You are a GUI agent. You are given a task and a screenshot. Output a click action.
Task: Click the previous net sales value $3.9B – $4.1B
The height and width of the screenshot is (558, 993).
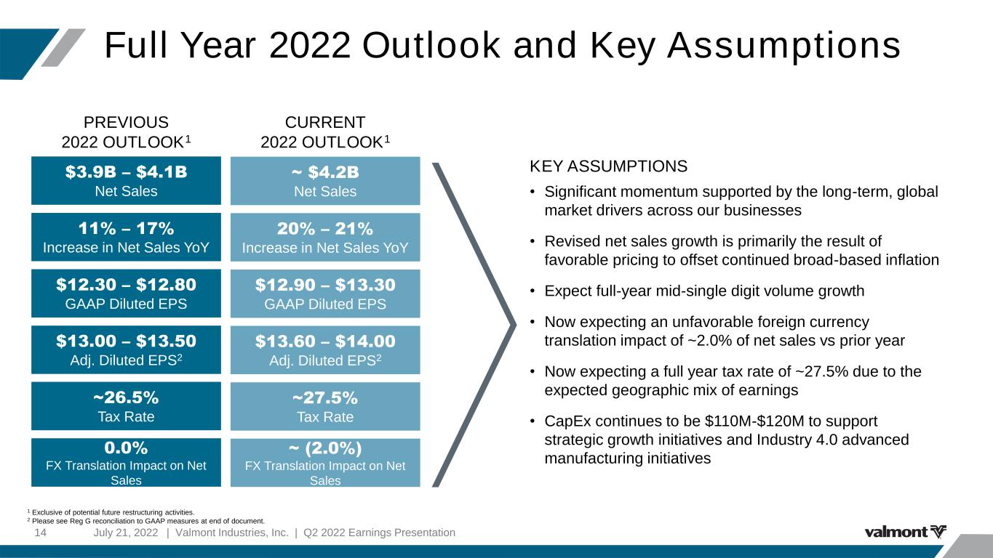[126, 171]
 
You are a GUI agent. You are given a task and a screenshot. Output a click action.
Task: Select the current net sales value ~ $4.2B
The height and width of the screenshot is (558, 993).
[325, 172]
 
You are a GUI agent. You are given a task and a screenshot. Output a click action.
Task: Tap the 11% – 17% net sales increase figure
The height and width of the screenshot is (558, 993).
[126, 229]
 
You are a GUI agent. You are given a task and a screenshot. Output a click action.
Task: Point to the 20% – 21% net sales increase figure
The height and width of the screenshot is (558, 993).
[325, 229]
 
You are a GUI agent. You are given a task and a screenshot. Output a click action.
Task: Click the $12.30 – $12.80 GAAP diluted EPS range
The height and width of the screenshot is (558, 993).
[126, 285]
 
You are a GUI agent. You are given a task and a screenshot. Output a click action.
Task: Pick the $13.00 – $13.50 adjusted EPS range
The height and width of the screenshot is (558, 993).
[126, 341]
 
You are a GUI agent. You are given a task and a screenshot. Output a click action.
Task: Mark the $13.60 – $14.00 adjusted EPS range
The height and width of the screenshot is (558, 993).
[325, 341]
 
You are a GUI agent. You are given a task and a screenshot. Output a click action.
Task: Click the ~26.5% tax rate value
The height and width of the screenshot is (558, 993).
[126, 397]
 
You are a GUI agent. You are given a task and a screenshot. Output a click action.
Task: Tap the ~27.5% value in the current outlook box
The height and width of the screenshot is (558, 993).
[325, 397]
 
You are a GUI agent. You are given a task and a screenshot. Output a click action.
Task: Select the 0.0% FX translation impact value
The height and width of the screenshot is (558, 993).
[126, 448]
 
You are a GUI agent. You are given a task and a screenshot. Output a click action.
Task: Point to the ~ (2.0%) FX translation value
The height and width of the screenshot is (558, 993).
[325, 448]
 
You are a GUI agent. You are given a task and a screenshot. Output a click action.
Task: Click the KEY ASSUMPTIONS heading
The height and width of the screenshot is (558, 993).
[608, 166]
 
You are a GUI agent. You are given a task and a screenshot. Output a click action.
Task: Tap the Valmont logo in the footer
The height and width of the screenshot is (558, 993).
[905, 531]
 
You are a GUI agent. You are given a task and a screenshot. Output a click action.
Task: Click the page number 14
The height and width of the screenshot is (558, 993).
[40, 533]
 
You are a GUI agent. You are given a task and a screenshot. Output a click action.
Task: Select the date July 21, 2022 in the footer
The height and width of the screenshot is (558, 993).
[125, 533]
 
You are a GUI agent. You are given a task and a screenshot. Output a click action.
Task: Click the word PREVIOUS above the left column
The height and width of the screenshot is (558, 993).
[126, 122]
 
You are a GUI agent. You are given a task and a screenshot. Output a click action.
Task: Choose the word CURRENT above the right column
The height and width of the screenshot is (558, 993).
[325, 122]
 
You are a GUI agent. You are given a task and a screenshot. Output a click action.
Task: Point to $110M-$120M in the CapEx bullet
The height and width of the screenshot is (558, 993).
[754, 421]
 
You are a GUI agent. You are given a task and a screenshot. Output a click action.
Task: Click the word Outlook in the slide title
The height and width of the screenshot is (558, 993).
[431, 45]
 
